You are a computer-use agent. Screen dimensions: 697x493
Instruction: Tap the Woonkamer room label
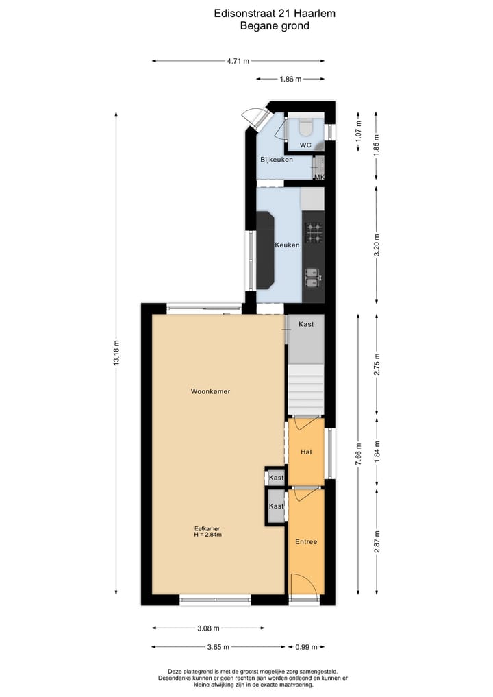pyautogui.click(x=210, y=391)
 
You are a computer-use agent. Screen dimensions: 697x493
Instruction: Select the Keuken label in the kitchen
pyautogui.click(x=287, y=245)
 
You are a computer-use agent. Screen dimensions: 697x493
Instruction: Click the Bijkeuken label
pyautogui.click(x=276, y=160)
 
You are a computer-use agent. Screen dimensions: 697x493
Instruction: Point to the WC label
pyautogui.click(x=305, y=145)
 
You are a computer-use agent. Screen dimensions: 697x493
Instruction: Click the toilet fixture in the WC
pyautogui.click(x=305, y=127)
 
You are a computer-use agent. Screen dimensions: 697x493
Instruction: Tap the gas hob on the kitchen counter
pyautogui.click(x=314, y=233)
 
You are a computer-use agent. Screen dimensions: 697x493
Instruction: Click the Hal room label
pyautogui.click(x=306, y=452)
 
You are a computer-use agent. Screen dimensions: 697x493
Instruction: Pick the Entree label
pyautogui.click(x=306, y=541)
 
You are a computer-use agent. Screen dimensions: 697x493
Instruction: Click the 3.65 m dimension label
pyautogui.click(x=218, y=646)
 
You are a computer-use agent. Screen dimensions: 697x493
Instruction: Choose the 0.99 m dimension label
pyautogui.click(x=306, y=646)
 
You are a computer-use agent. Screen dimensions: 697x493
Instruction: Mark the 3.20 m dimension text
pyautogui.click(x=376, y=245)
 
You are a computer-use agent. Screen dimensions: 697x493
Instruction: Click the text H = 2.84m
pyautogui.click(x=207, y=535)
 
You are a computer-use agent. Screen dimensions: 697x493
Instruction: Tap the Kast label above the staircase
pyautogui.click(x=306, y=324)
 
